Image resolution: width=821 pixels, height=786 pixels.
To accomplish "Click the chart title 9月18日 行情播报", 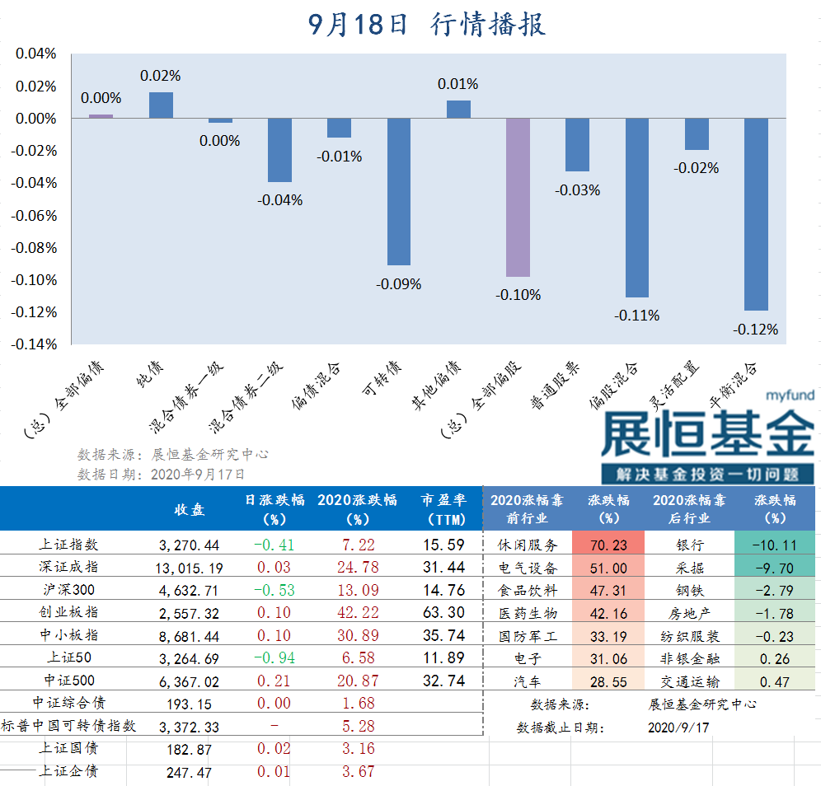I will pyautogui.click(x=427, y=25).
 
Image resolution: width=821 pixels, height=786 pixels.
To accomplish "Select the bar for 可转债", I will pyautogui.click(x=399, y=191).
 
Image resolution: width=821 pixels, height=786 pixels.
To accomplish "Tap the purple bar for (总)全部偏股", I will pyautogui.click(x=518, y=197).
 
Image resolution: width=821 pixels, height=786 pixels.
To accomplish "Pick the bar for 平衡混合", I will pyautogui.click(x=756, y=214).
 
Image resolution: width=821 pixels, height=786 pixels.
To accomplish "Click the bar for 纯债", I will pyautogui.click(x=161, y=105).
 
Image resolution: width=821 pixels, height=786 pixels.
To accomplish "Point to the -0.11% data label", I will pyautogui.click(x=636, y=316).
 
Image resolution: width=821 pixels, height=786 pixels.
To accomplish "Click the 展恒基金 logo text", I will pyautogui.click(x=707, y=434).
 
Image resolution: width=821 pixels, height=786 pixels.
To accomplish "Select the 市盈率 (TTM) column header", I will pyautogui.click(x=443, y=510).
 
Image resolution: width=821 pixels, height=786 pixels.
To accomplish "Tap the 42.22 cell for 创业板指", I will pyautogui.click(x=357, y=613).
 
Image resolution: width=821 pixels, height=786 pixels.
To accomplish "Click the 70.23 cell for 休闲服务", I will pyautogui.click(x=608, y=545).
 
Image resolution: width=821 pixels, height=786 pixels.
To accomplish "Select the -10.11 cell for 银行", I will pyautogui.click(x=775, y=545).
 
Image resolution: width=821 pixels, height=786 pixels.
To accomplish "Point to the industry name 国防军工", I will pyautogui.click(x=528, y=636).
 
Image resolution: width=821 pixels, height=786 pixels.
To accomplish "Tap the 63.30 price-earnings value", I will pyautogui.click(x=443, y=613).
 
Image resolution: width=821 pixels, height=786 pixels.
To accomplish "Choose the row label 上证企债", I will pyautogui.click(x=69, y=772).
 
